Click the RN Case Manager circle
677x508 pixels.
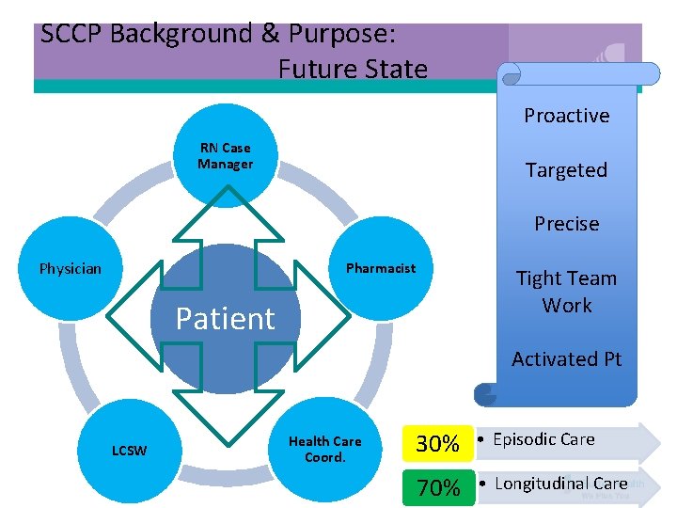pyautogui.click(x=226, y=156)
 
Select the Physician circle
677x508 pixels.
pyautogui.click(x=71, y=269)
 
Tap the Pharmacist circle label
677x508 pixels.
pyautogui.click(x=380, y=268)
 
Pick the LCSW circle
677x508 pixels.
pyautogui.click(x=130, y=451)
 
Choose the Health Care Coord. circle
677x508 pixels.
pyautogui.click(x=324, y=449)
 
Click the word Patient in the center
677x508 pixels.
pyautogui.click(x=225, y=319)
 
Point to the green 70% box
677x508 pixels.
pyautogui.click(x=438, y=487)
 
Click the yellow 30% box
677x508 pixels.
pyautogui.click(x=438, y=443)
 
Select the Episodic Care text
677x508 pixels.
pyautogui.click(x=543, y=439)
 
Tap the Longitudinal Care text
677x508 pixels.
pyautogui.click(x=560, y=484)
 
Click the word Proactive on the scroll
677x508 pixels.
pyautogui.click(x=566, y=116)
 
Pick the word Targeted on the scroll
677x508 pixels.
pyautogui.click(x=566, y=170)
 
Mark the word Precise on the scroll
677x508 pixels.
pyautogui.click(x=566, y=224)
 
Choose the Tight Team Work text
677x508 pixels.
pyautogui.click(x=566, y=292)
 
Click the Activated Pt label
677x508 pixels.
pyautogui.click(x=566, y=359)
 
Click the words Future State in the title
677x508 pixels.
pyautogui.click(x=353, y=70)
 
